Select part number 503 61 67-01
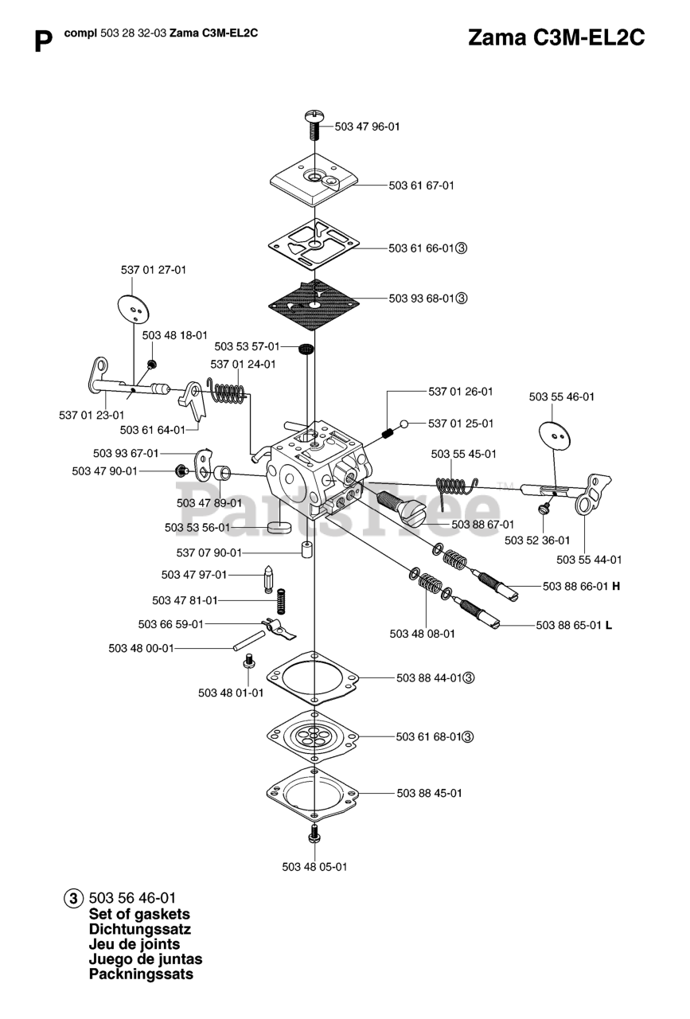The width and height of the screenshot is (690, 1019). coord(421,185)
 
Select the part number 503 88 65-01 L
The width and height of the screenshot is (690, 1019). coord(574,625)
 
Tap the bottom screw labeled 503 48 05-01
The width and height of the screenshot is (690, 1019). coord(315,834)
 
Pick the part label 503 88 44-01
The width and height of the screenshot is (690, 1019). coord(429,677)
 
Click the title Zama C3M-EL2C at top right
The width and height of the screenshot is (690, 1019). coord(556,37)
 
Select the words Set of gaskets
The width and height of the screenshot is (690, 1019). coord(139,914)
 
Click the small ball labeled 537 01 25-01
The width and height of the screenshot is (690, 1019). coord(406,424)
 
